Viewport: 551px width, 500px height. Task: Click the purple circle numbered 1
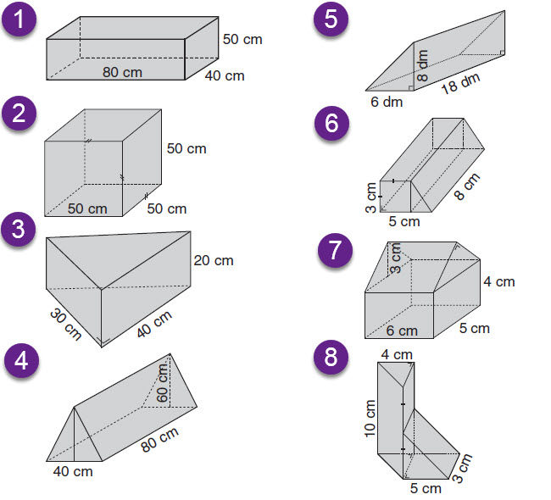tap(19, 19)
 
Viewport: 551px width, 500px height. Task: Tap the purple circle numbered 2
tap(19, 114)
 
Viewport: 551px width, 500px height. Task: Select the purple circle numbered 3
tap(19, 229)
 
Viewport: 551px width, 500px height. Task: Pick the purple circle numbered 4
tap(21, 360)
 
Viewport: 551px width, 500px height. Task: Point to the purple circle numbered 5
tap(331, 19)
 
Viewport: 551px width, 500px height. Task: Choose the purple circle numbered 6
tap(331, 124)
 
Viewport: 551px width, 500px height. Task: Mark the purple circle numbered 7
tap(335, 250)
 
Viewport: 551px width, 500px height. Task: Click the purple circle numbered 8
tap(331, 357)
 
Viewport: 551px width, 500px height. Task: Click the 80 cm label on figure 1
tap(122, 72)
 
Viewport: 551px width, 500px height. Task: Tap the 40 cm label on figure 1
tap(225, 76)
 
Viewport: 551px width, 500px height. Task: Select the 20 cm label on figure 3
tap(214, 261)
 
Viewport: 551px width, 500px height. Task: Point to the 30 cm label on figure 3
tap(66, 324)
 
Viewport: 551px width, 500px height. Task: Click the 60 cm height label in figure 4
tap(163, 383)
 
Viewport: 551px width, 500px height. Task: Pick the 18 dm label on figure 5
tap(460, 84)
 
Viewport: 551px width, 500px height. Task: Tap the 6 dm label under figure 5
tap(387, 103)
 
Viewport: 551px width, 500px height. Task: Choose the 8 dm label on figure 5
tap(422, 66)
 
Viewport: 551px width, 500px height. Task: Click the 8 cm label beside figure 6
tap(467, 186)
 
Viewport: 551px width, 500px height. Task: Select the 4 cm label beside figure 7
tap(499, 282)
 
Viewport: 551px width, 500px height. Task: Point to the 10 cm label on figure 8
tap(370, 419)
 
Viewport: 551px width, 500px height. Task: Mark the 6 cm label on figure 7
tap(402, 331)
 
